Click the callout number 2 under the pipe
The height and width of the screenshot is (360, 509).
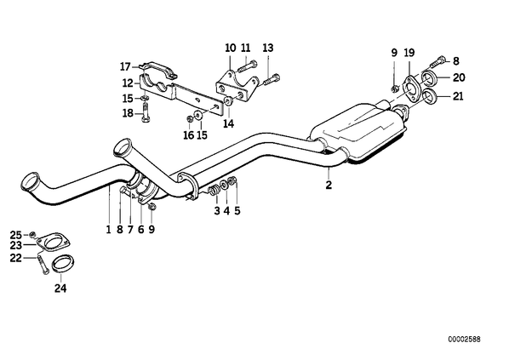tap(329, 185)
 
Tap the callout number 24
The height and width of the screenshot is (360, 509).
tap(60, 288)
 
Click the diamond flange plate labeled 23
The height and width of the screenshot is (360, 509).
tap(54, 243)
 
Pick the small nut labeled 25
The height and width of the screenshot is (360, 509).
tap(31, 234)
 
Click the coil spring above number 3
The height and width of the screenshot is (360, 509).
tap(214, 191)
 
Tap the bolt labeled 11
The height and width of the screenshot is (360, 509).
tap(247, 66)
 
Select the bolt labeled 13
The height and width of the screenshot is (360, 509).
tap(272, 80)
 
